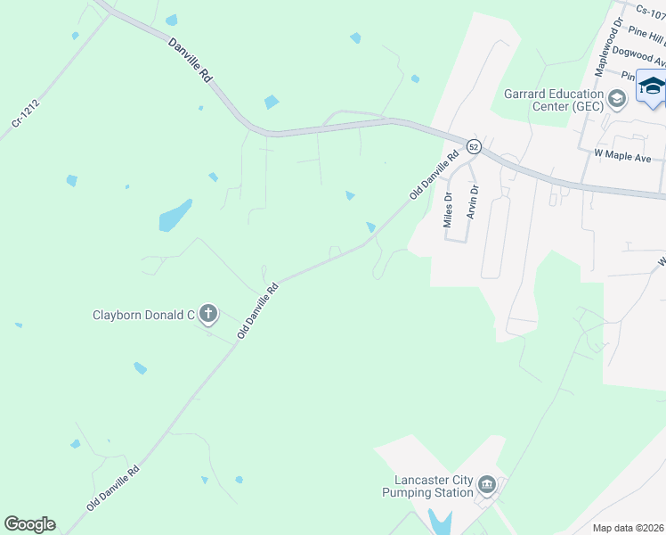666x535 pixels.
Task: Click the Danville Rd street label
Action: coord(191,61)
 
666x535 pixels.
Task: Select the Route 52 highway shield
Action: coord(474,146)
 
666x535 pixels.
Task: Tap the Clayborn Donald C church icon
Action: coord(208,313)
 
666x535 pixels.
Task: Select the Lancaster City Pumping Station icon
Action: coord(486,485)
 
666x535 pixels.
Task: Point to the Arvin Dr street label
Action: coord(474,202)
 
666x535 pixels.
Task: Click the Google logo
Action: coord(29,524)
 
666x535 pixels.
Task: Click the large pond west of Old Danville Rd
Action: coord(175,216)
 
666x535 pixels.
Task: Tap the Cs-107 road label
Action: coord(650,11)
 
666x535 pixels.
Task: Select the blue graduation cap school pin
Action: coord(651,86)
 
